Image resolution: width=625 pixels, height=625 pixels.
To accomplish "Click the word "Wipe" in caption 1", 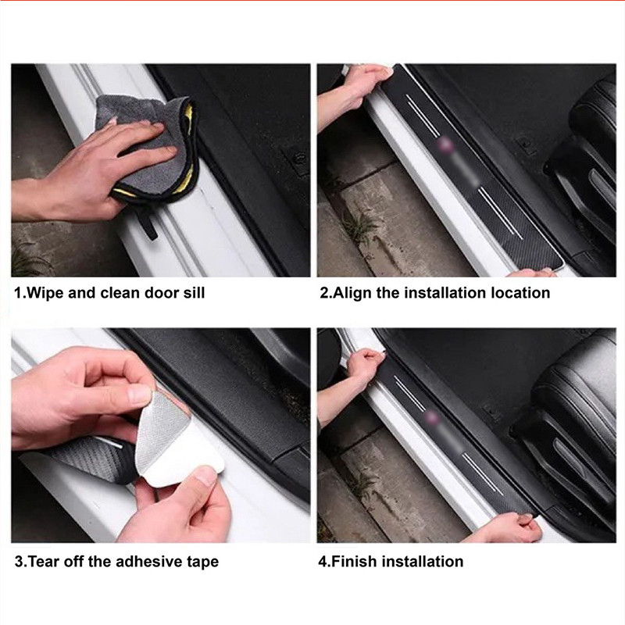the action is (x=45, y=293).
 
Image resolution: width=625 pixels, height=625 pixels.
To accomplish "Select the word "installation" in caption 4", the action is (x=423, y=562).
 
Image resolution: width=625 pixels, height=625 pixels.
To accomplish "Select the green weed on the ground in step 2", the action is (x=359, y=227).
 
